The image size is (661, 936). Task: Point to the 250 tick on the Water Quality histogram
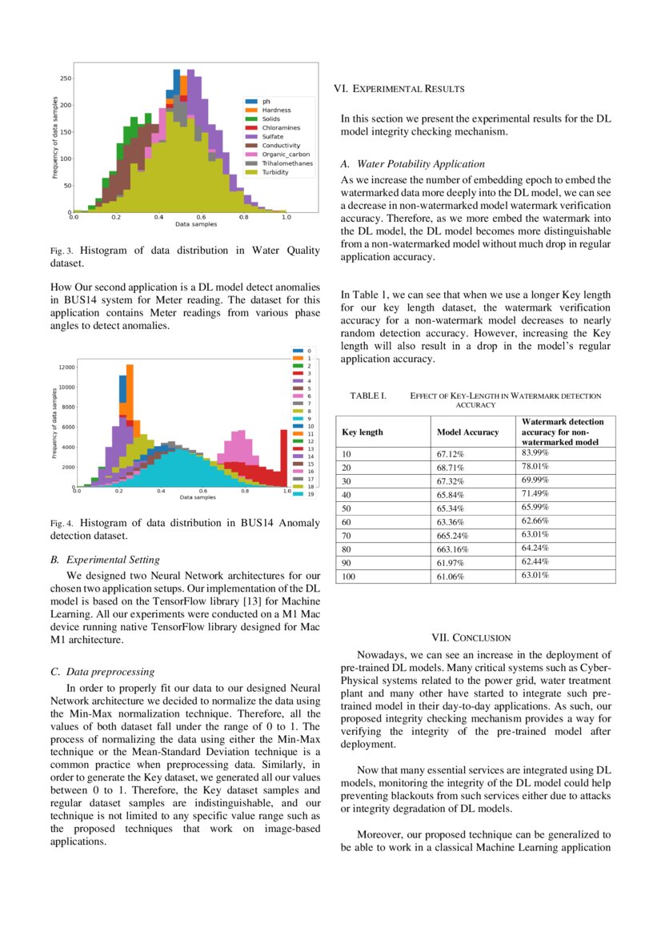[66, 78]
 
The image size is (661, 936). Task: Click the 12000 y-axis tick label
[66, 367]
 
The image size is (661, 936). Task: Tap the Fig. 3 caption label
[61, 251]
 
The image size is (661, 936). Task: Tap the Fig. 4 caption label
[61, 524]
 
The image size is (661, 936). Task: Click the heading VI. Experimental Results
[399, 88]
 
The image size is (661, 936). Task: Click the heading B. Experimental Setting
[105, 560]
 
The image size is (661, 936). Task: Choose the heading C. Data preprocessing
[102, 672]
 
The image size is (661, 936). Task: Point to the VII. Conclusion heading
[471, 638]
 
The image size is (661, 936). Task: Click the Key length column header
[363, 432]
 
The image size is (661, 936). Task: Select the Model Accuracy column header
[467, 432]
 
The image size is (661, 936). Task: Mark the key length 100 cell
[349, 576]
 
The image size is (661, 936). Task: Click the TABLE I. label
[368, 396]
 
